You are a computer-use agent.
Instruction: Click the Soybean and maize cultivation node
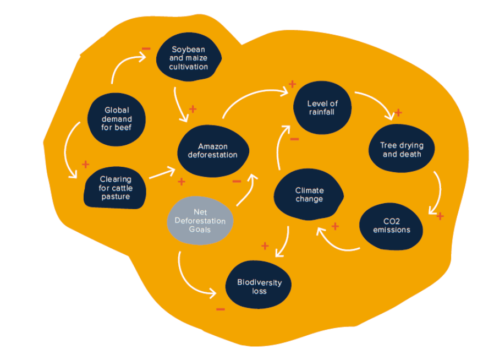tap(189, 58)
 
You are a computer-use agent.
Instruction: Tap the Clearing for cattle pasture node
tap(116, 188)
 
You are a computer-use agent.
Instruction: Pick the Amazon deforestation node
tap(212, 150)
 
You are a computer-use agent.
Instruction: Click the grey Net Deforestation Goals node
tap(200, 221)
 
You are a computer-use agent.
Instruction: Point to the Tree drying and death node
tap(402, 150)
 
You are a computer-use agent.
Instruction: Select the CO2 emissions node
tap(391, 225)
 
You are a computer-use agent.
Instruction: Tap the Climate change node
tap(309, 194)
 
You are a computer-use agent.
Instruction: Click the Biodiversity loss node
tap(259, 286)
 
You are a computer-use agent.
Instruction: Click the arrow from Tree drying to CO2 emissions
tap(437, 193)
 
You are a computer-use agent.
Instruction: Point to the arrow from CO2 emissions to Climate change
tap(336, 243)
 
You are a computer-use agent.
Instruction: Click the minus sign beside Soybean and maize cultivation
tap(146, 48)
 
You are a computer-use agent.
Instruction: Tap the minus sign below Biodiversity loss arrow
tap(220, 309)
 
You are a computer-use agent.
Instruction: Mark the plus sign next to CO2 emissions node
tap(440, 216)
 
